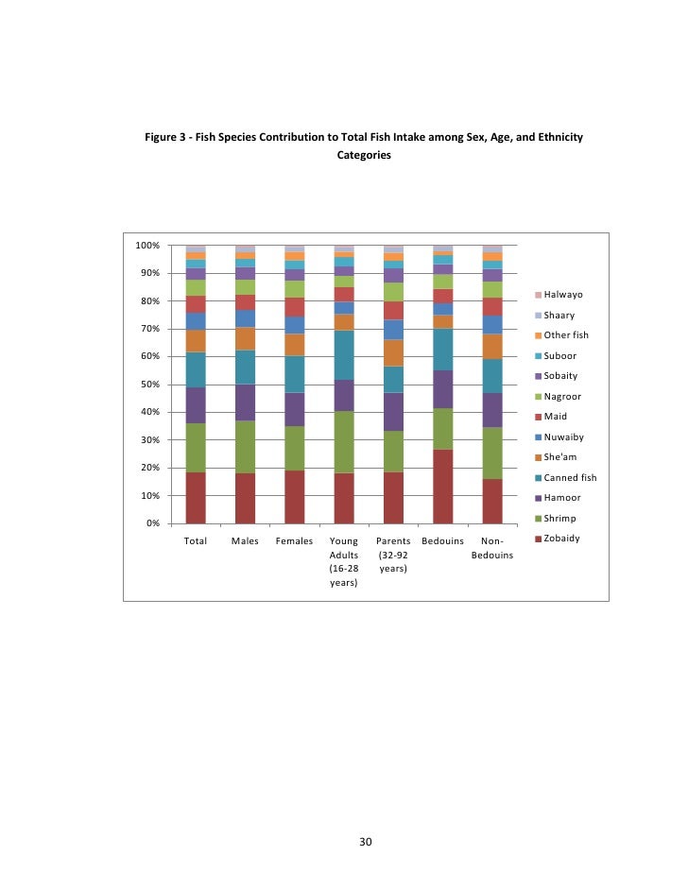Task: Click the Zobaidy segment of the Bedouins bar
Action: point(442,486)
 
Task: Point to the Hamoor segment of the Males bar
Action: point(245,402)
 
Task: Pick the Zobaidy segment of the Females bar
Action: point(295,496)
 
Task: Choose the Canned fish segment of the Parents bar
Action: point(393,379)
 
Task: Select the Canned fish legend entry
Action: point(570,477)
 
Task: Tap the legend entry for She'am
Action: point(562,457)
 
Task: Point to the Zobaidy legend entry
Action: point(564,539)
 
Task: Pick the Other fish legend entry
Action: point(566,335)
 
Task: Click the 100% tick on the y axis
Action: point(146,246)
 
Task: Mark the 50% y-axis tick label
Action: point(149,385)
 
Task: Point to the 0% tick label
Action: point(152,523)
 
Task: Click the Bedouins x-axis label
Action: point(442,541)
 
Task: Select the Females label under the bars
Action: point(295,541)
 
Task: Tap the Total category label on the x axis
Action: point(196,541)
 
